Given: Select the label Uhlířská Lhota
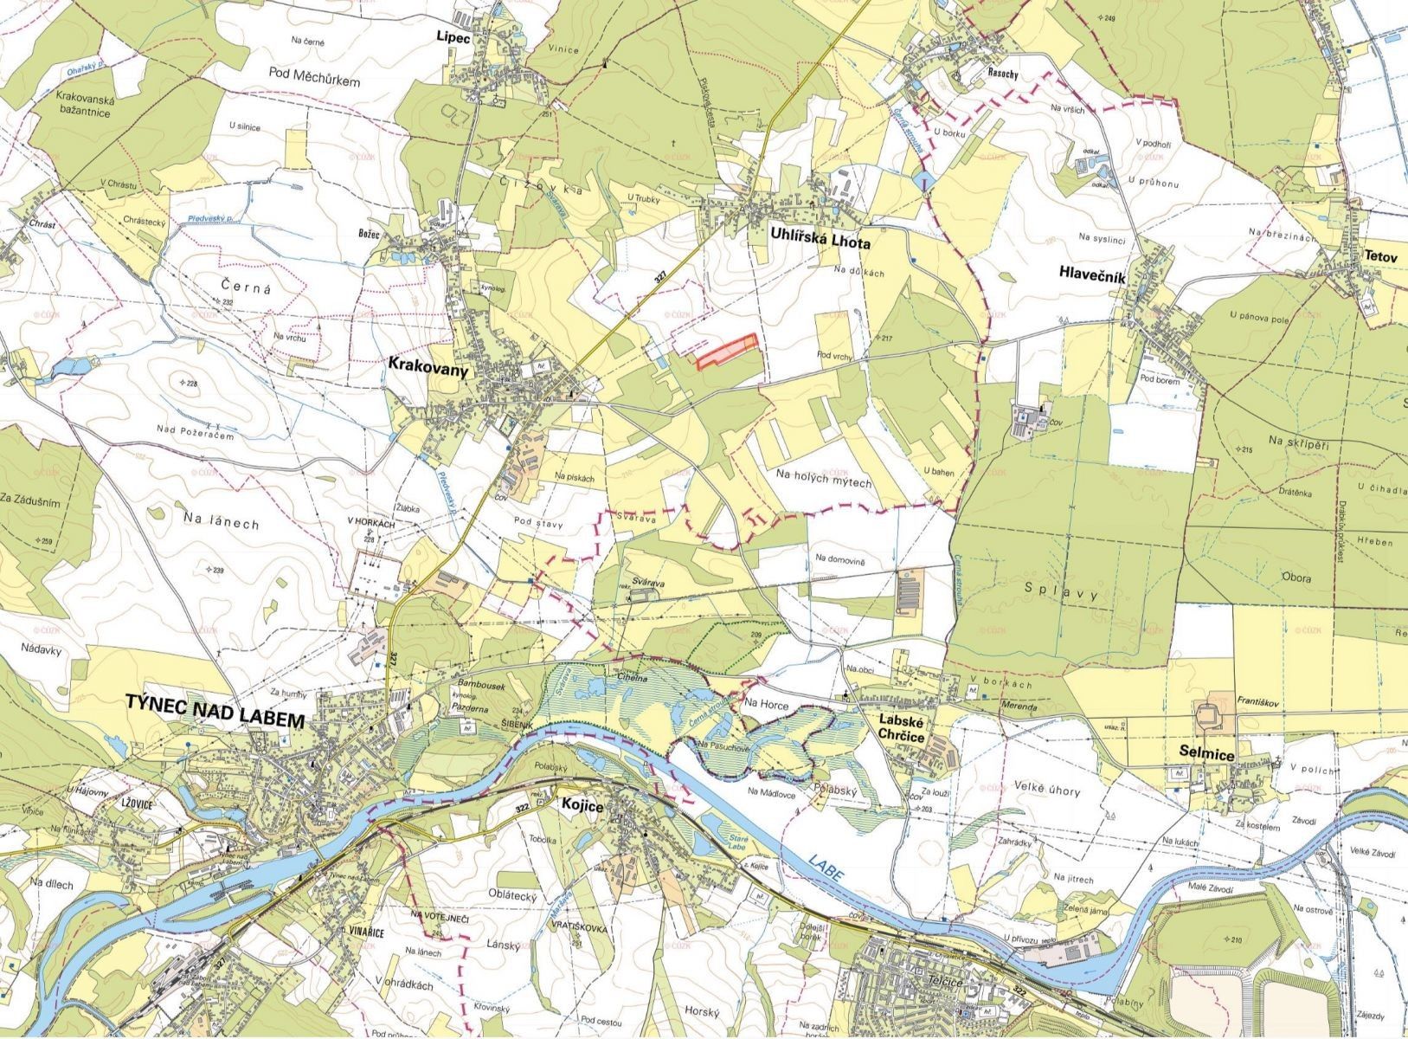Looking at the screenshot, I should (820, 243).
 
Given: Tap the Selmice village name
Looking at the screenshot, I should (1206, 753).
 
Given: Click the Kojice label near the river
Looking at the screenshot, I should (588, 804).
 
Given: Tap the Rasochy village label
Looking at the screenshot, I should (1002, 74).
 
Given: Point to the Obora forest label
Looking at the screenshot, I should (1295, 578).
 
